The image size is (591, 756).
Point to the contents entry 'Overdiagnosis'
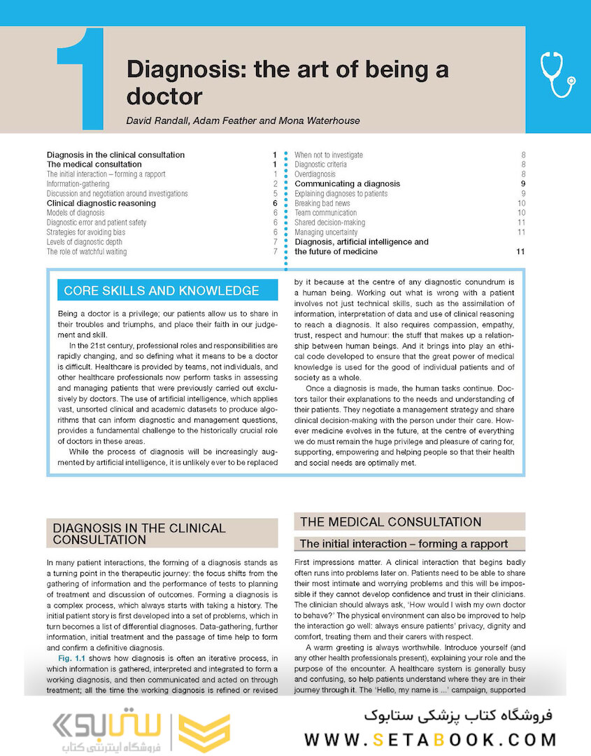tap(315, 174)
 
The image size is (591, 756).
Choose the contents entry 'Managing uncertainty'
tap(326, 232)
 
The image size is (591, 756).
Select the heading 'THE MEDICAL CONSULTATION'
tap(390, 521)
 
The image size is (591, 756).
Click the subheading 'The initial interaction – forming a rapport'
tap(404, 544)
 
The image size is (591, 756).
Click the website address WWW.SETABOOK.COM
tap(430, 739)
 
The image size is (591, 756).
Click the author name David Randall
tap(158, 120)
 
